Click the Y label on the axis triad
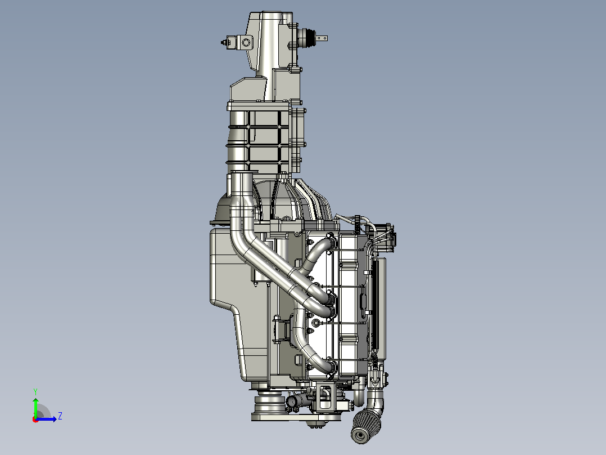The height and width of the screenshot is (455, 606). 35,391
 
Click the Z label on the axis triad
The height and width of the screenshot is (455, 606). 60,416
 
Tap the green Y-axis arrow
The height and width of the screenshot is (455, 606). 35,408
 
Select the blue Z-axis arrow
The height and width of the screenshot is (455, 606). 46,419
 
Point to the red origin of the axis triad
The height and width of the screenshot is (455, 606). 35,420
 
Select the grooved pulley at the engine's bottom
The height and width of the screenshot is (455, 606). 270,403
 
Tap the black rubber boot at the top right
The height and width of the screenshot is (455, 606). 307,38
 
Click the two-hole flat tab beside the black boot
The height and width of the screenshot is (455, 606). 322,38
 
